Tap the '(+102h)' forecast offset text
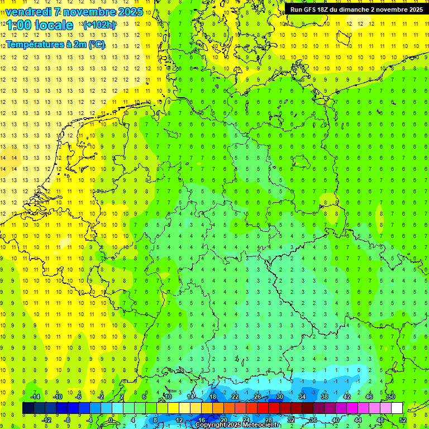pyautogui.click(x=99, y=25)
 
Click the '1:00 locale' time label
pyautogui.click(x=40, y=25)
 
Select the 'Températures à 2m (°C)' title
pyautogui.click(x=55, y=45)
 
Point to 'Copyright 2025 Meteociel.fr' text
pyautogui.click(x=237, y=425)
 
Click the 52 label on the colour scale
pyautogui.click(x=402, y=420)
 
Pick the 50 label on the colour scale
pyautogui.click(x=391, y=397)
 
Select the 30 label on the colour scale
pyautogui.click(x=279, y=397)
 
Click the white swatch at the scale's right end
pyautogui.click(x=397, y=408)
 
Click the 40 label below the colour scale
pyautogui.click(x=335, y=420)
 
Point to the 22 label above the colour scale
pyautogui.click(x=235, y=397)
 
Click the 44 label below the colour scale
pyautogui.click(x=357, y=420)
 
